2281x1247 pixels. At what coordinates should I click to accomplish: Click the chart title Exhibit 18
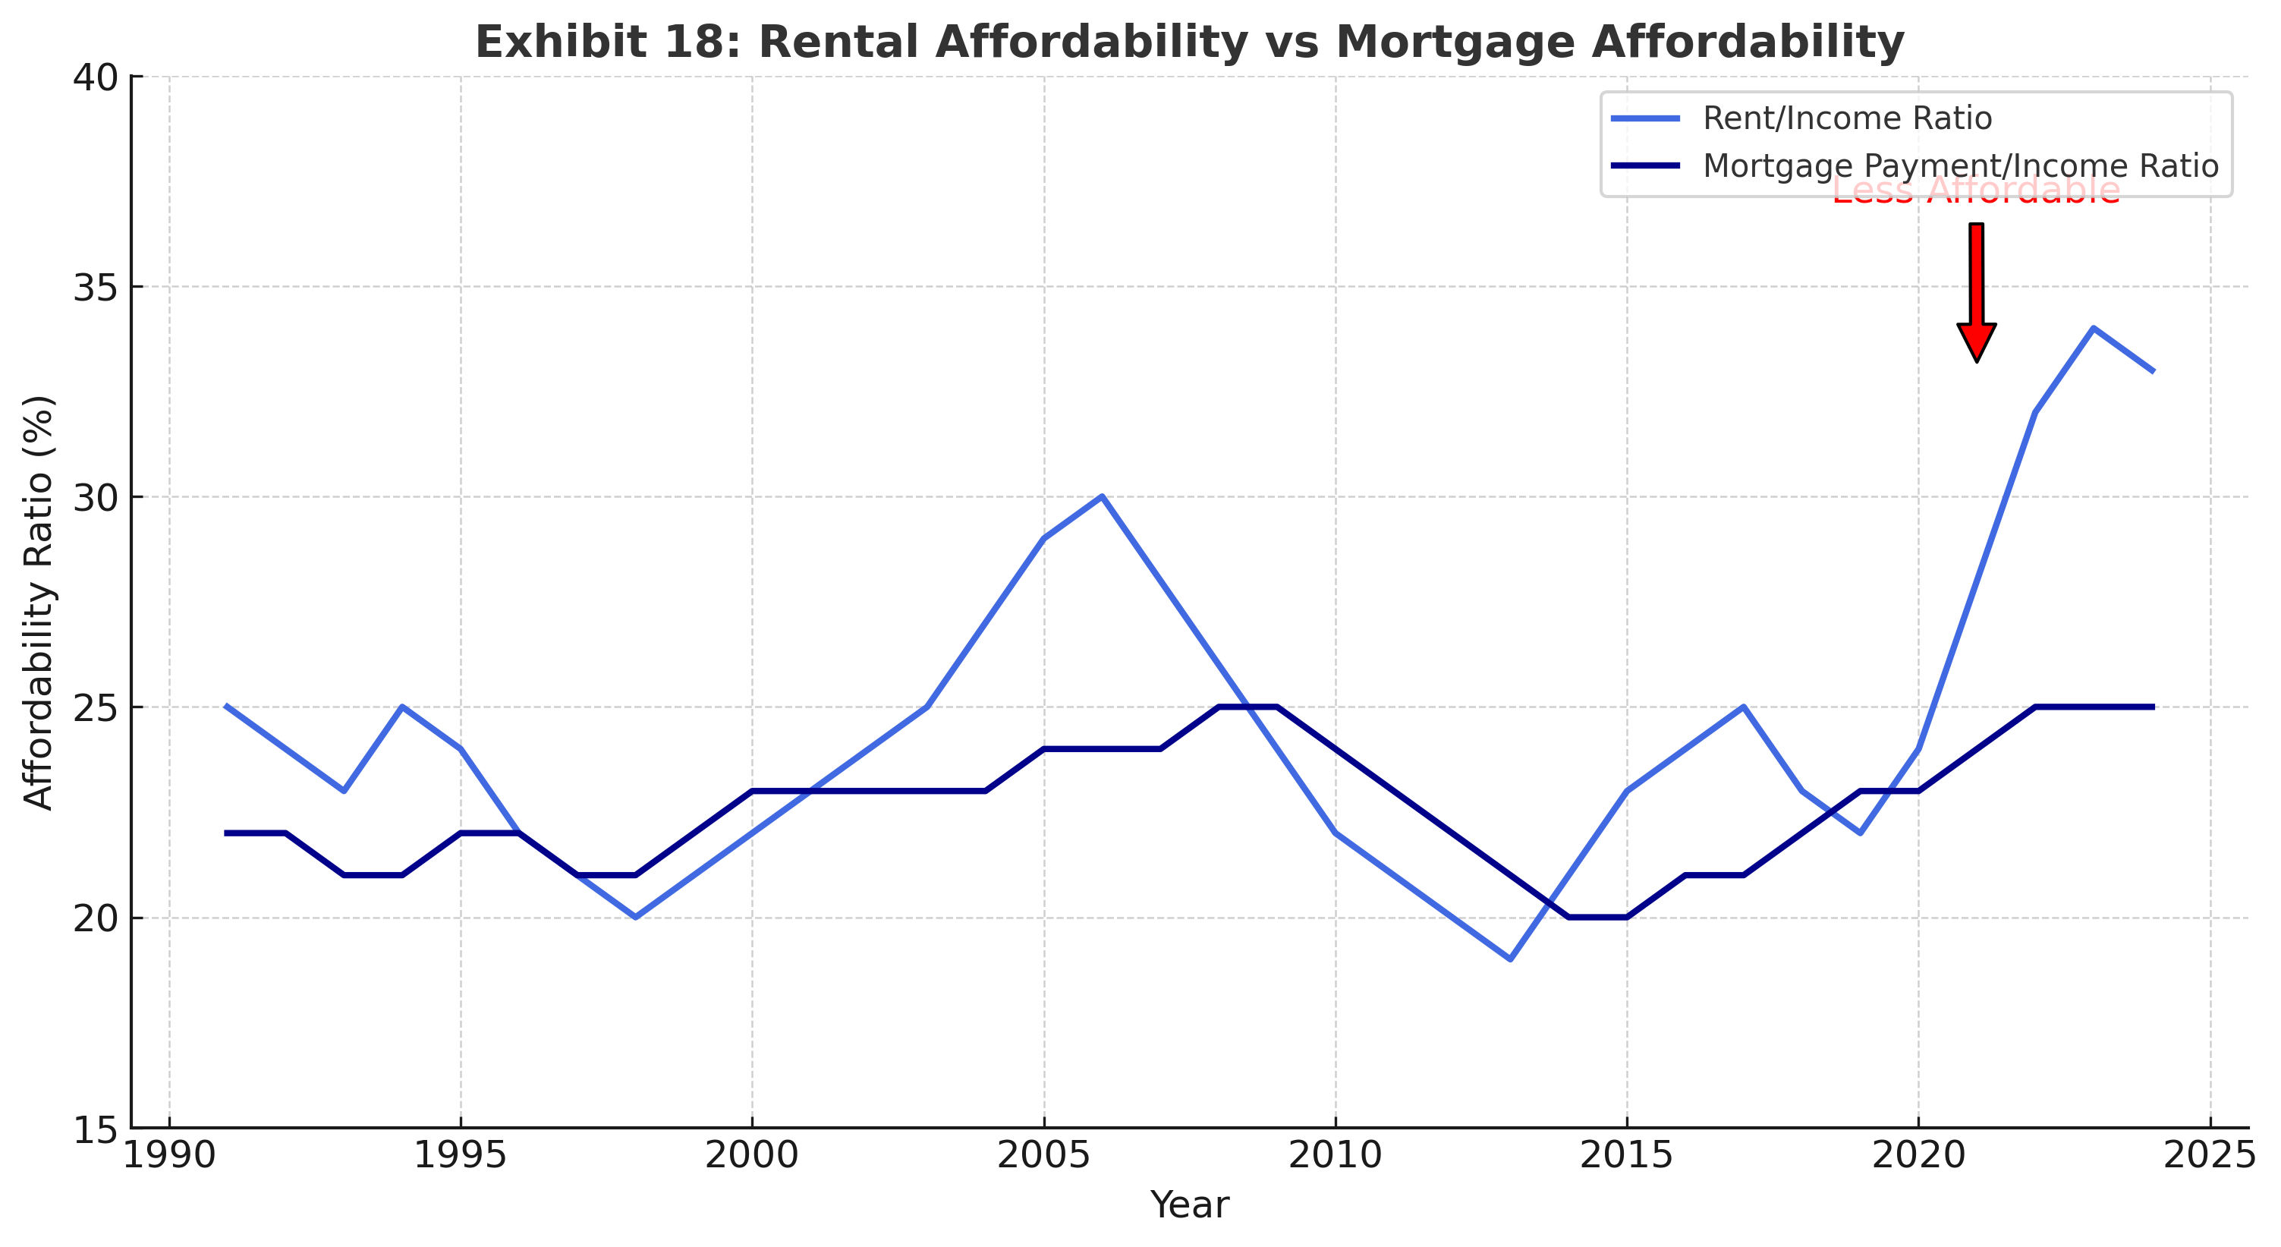(1189, 43)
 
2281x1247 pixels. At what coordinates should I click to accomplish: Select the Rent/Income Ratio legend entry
(1847, 118)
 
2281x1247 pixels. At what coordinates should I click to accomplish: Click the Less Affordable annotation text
(1977, 191)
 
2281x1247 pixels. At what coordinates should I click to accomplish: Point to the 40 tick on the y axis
(96, 77)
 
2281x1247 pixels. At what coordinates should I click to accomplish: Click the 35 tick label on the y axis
(96, 287)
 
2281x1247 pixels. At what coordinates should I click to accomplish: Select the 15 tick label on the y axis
(96, 1130)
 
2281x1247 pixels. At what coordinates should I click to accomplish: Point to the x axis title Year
(1189, 1205)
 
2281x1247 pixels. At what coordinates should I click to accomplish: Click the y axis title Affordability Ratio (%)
(39, 602)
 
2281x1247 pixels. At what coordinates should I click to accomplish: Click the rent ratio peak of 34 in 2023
(2094, 328)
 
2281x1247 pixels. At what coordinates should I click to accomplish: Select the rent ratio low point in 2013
(1510, 959)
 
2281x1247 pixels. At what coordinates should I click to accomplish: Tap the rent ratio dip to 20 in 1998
(635, 918)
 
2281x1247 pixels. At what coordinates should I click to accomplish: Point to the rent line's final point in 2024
(2152, 370)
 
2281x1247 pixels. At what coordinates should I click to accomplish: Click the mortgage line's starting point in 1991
(227, 833)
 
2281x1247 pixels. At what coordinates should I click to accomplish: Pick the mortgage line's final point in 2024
(2152, 707)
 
